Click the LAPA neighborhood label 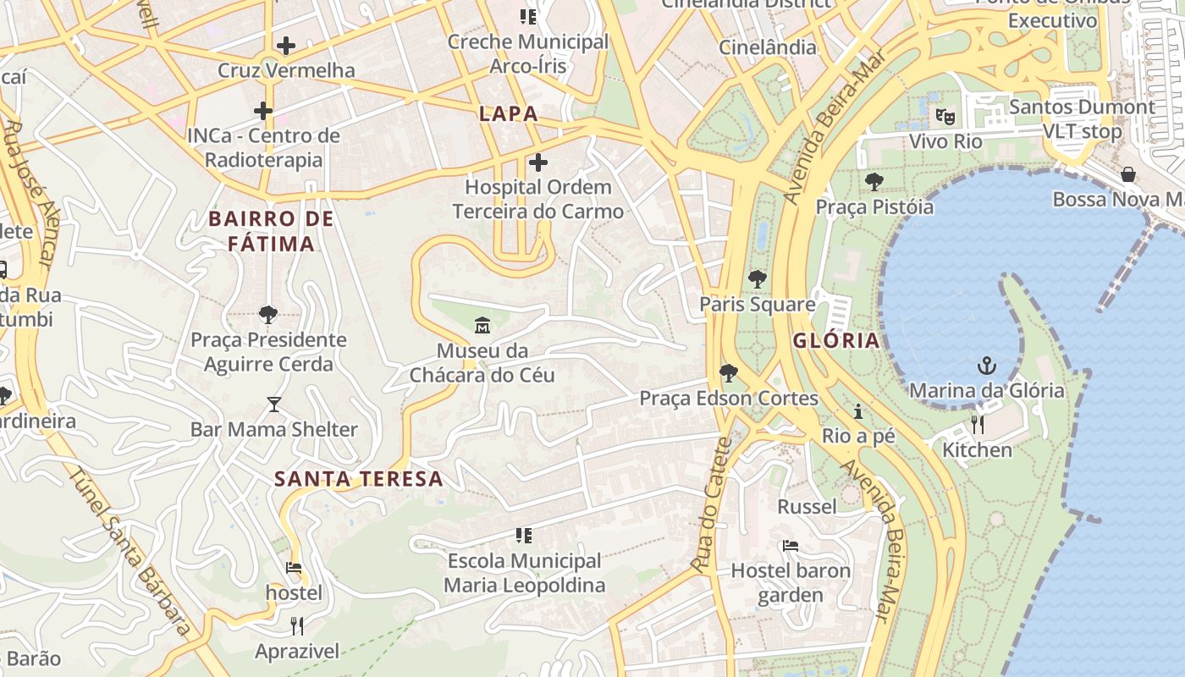(509, 113)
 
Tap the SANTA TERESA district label (359, 479)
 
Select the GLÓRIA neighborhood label (836, 341)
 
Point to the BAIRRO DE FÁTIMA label (271, 231)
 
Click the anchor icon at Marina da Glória (986, 366)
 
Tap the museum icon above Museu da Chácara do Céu (482, 324)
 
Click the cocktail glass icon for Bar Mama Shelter (273, 404)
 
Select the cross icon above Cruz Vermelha (286, 45)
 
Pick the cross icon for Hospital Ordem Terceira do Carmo (537, 162)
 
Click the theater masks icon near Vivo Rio (945, 116)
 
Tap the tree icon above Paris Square (758, 278)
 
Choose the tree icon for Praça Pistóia (874, 181)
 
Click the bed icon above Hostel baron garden (790, 546)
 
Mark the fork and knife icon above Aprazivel (297, 626)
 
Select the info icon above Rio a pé (858, 412)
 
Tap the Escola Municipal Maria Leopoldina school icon (524, 535)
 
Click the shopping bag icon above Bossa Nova (1128, 174)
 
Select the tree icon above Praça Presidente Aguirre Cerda (268, 315)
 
